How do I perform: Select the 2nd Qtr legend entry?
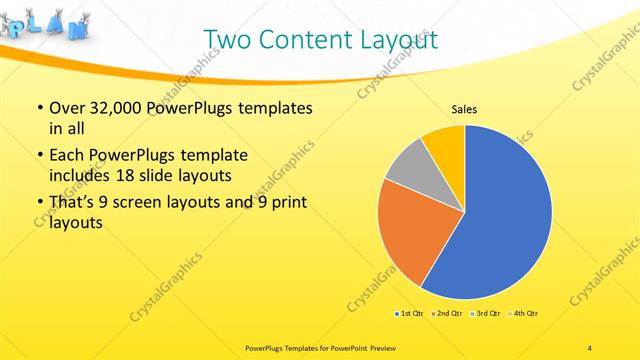tap(446, 314)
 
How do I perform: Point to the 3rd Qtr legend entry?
tap(486, 314)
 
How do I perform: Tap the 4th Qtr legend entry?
tap(524, 314)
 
